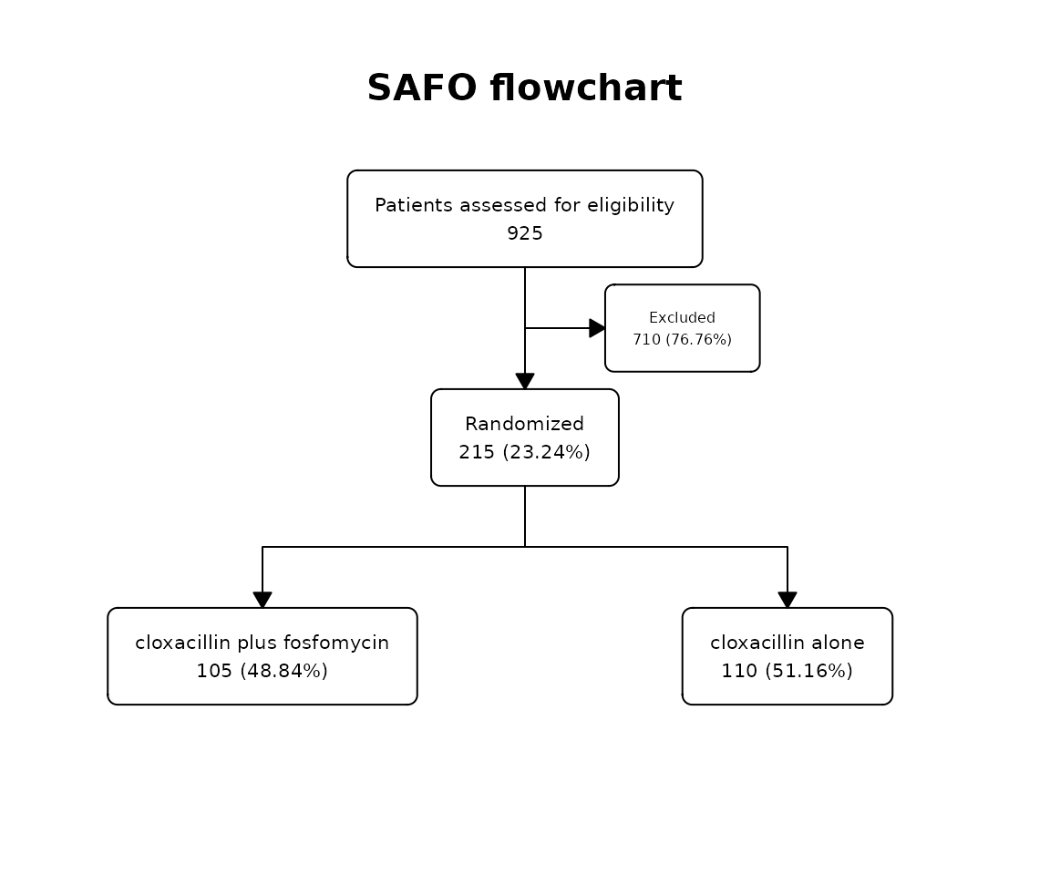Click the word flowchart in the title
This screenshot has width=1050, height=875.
(x=586, y=87)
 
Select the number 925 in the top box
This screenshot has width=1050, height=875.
(x=525, y=233)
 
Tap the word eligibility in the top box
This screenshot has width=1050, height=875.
(x=631, y=205)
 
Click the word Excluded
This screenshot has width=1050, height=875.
(x=683, y=317)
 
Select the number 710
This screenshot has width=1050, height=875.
(x=647, y=339)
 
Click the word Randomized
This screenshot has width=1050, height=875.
(x=524, y=424)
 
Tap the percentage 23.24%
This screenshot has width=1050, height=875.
(x=547, y=452)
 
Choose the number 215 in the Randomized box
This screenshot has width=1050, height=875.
(x=477, y=452)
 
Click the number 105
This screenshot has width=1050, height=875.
(x=214, y=671)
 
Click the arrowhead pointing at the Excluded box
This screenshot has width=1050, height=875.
(x=597, y=328)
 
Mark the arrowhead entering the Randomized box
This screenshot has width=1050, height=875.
(x=525, y=382)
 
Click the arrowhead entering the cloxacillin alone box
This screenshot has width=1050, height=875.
(x=787, y=601)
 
